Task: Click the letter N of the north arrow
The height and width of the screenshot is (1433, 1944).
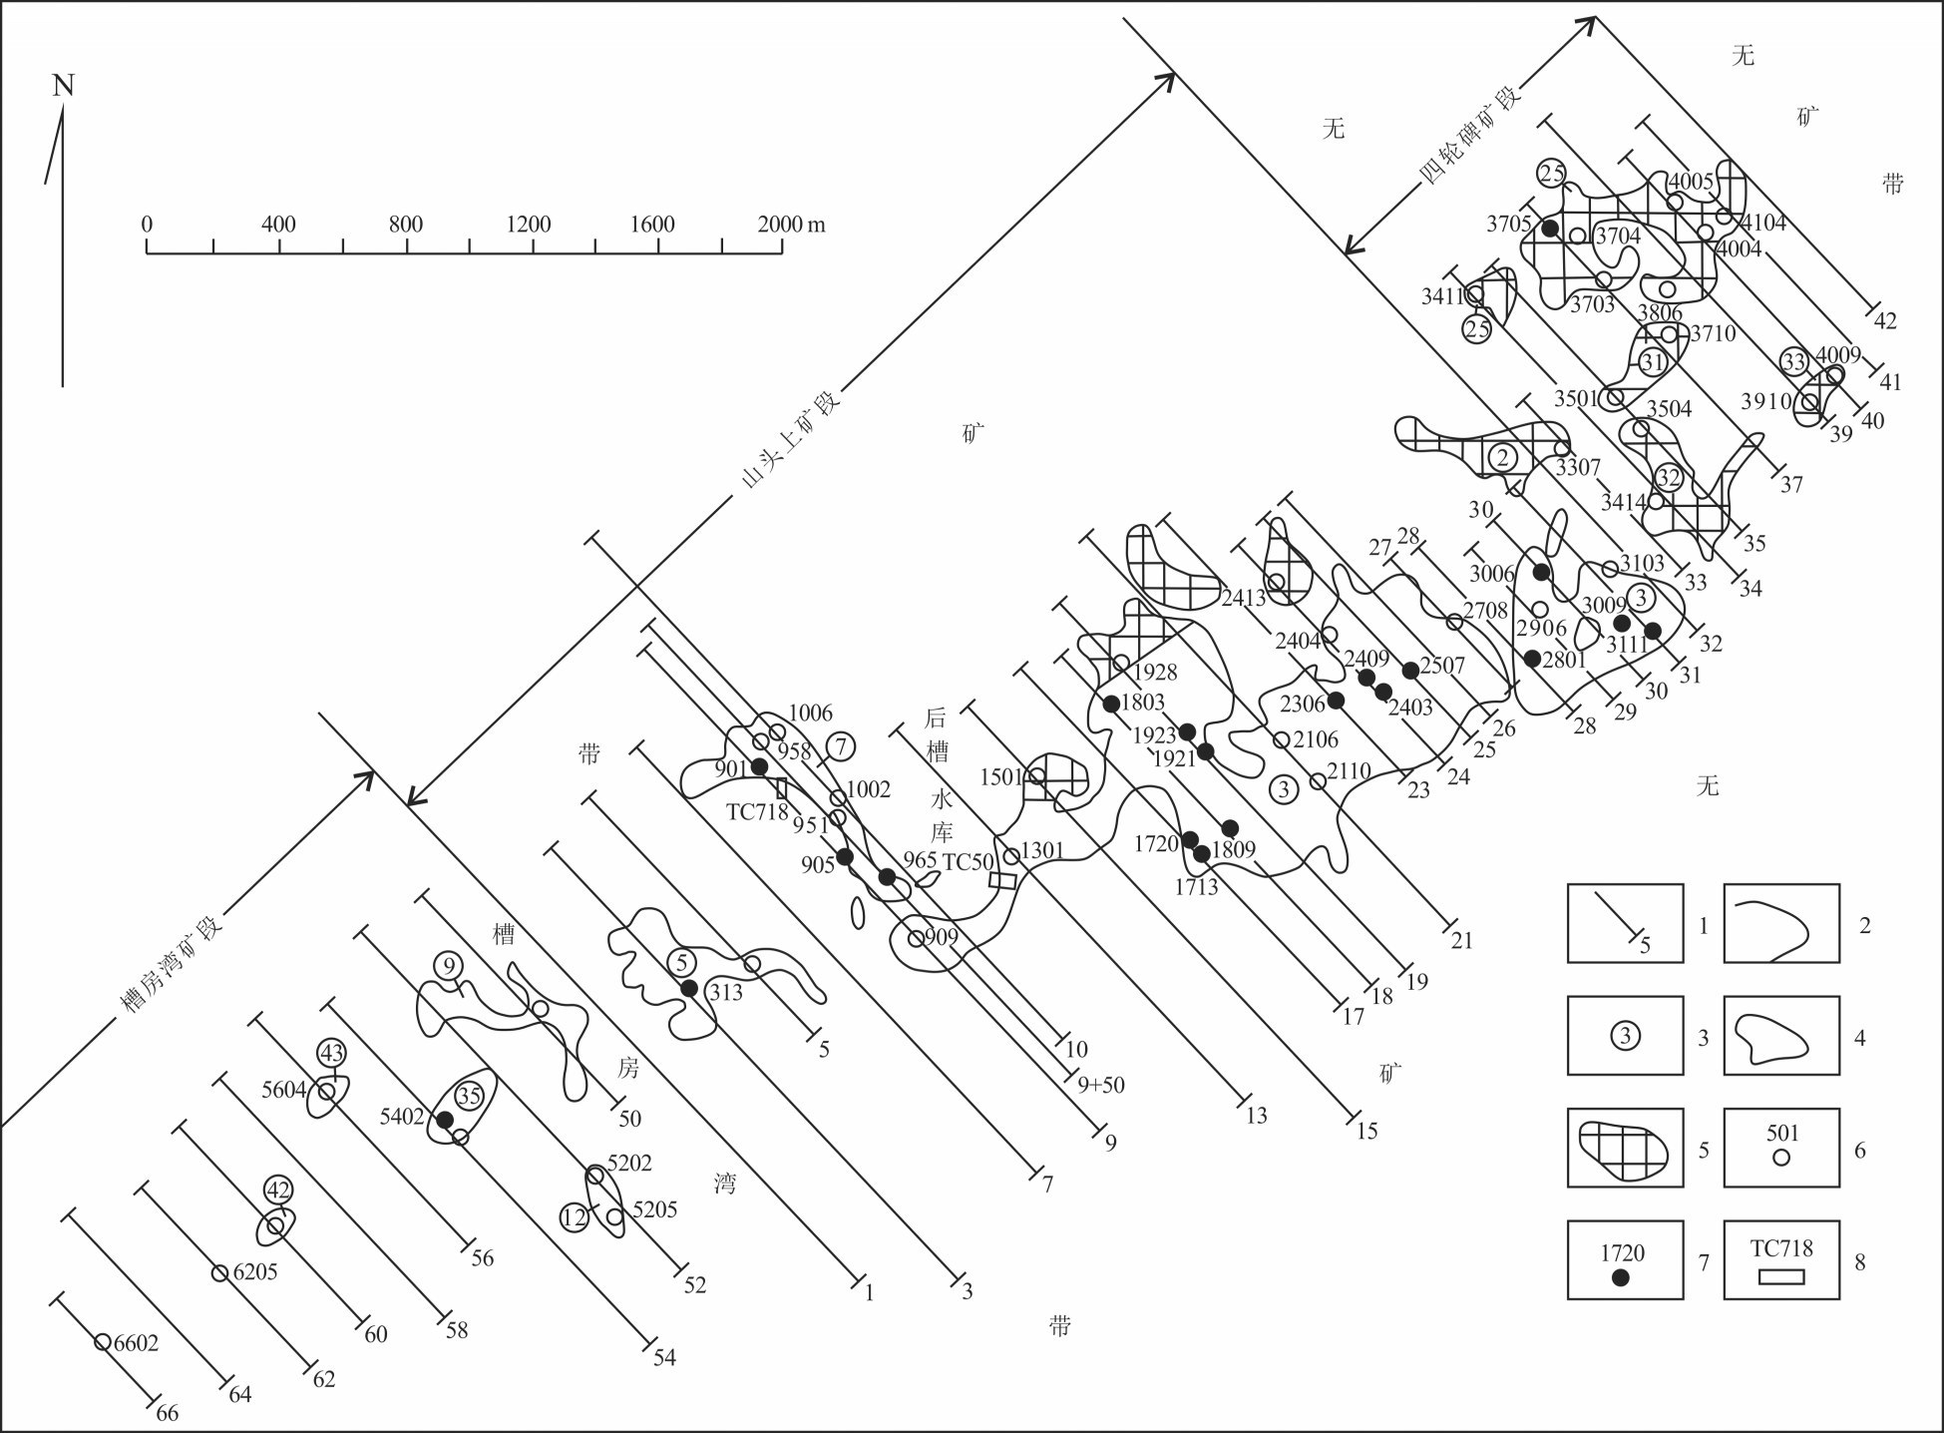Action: pyautogui.click(x=63, y=86)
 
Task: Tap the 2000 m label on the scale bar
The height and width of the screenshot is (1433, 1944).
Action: pyautogui.click(x=792, y=224)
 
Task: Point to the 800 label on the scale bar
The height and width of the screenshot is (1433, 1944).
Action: pyautogui.click(x=406, y=224)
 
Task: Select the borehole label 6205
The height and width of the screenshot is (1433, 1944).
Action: pyautogui.click(x=254, y=1272)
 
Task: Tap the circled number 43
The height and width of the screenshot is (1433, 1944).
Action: pyautogui.click(x=331, y=1053)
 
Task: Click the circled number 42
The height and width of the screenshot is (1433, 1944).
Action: pyautogui.click(x=277, y=1190)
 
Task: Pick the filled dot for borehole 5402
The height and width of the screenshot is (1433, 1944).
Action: pyautogui.click(x=445, y=1119)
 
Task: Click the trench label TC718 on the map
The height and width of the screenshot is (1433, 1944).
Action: pyautogui.click(x=757, y=811)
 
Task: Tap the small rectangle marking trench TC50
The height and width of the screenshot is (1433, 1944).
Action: pyautogui.click(x=1001, y=881)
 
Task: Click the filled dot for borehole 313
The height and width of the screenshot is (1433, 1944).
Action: pyautogui.click(x=687, y=988)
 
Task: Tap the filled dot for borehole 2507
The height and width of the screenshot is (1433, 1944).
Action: pyautogui.click(x=1409, y=670)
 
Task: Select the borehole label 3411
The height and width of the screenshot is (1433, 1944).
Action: pyautogui.click(x=1443, y=296)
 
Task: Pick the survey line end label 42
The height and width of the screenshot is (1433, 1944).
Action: pyautogui.click(x=1885, y=321)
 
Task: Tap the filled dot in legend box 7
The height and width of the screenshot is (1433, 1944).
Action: pyautogui.click(x=1620, y=1277)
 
